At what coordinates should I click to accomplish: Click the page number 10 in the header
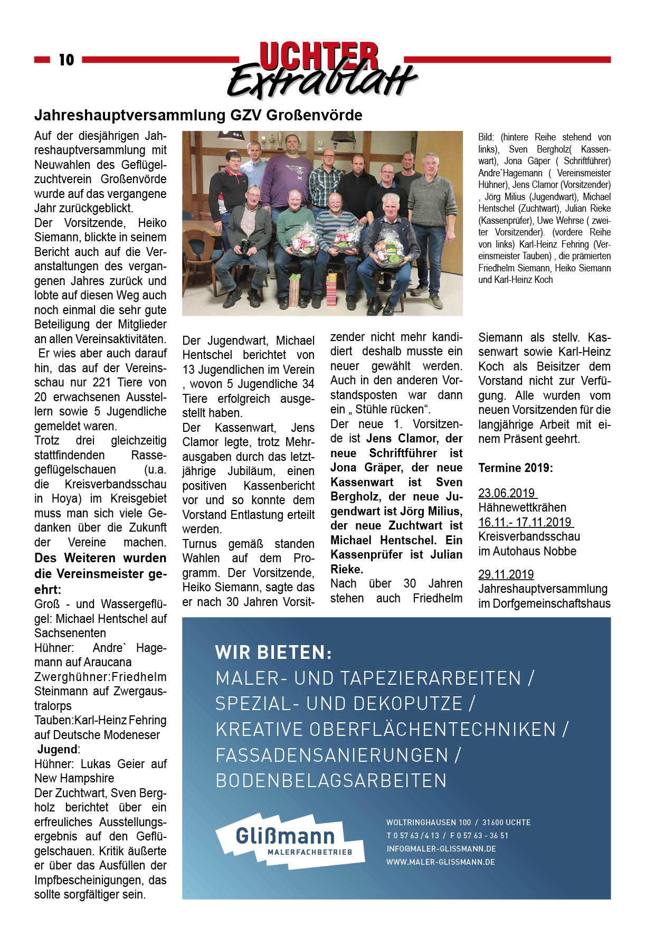coord(67,60)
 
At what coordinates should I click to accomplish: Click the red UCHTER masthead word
coord(319,56)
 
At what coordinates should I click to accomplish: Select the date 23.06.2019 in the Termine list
coord(507,493)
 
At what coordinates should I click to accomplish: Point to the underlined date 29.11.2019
coord(506,574)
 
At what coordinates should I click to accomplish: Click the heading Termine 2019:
coord(515,468)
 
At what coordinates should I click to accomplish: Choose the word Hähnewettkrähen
coord(522,508)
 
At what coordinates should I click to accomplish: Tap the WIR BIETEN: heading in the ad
coord(273,653)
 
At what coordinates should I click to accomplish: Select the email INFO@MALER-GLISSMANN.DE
coord(441,849)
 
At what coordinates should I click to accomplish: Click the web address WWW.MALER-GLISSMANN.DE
coord(440,862)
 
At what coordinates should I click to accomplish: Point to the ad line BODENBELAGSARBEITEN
coord(331,781)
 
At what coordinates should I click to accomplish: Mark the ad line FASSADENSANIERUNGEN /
coord(338,755)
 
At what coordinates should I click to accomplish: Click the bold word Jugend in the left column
coord(57,749)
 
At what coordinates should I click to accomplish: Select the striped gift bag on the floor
coord(294,290)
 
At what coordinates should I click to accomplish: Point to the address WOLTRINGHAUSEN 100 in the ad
coord(428,823)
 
